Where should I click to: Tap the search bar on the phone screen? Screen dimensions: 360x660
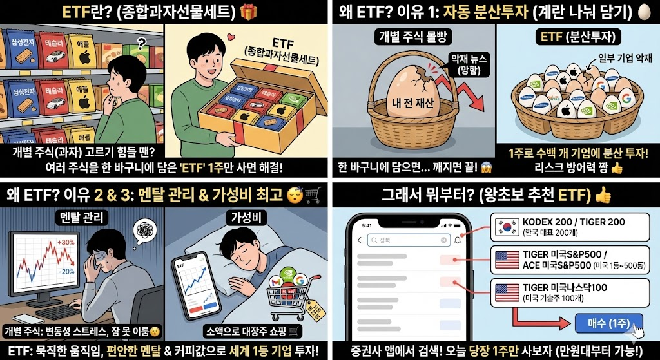(408, 241)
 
